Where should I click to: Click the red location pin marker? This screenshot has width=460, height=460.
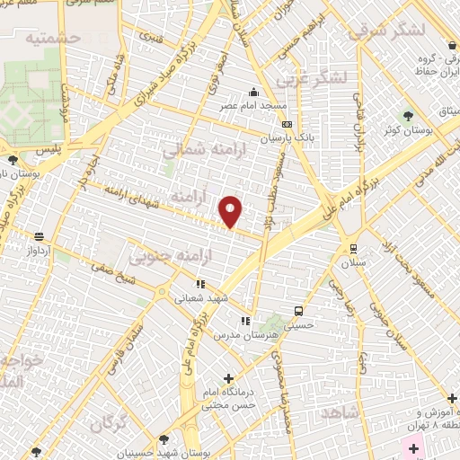point(232,210)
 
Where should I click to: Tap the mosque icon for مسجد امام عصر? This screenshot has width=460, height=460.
point(254,92)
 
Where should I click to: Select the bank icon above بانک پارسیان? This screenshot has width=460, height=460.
point(287,125)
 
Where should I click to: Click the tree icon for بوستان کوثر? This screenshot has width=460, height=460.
point(409,116)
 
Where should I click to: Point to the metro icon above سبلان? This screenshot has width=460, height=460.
point(353,249)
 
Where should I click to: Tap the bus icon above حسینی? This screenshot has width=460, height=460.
point(297,311)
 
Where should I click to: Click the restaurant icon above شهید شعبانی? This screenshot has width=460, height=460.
point(200,284)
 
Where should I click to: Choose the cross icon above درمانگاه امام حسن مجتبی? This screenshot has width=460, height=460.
point(228,378)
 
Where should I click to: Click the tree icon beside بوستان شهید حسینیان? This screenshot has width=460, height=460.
point(163,439)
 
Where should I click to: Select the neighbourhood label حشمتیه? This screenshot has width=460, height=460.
point(54,38)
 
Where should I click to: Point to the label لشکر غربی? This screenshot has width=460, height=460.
point(313,78)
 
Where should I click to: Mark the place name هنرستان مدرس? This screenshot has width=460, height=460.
point(237,333)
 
